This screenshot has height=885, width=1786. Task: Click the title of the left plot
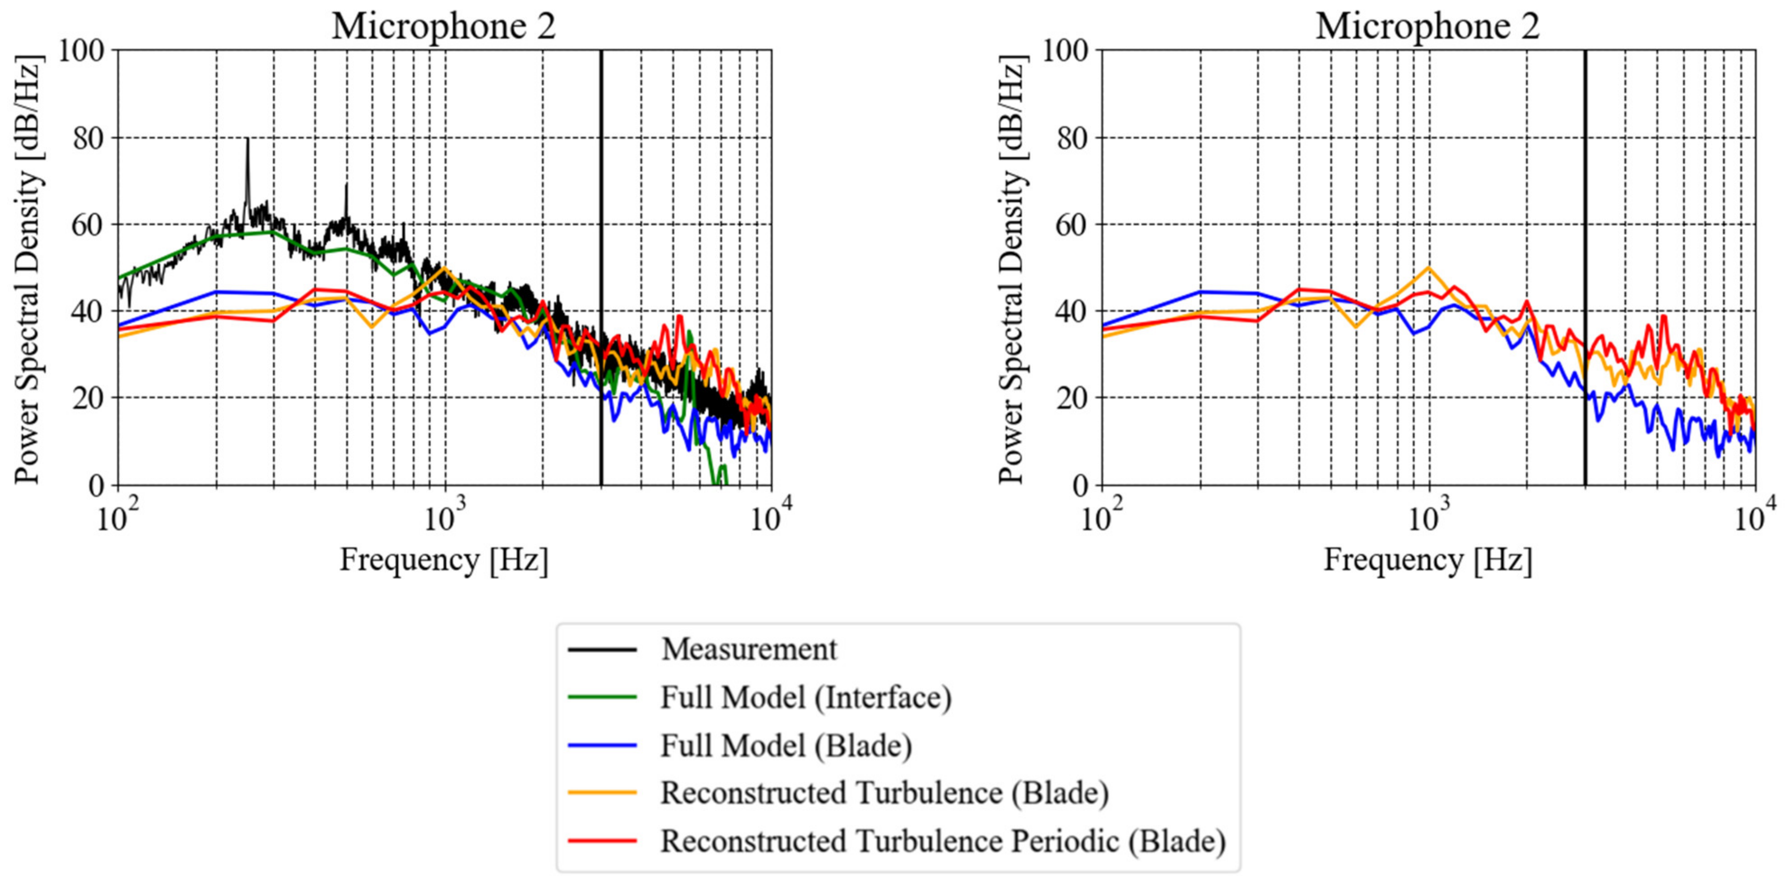tap(444, 26)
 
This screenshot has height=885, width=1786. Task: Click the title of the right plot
tap(1428, 26)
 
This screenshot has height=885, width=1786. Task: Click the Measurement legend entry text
tap(749, 650)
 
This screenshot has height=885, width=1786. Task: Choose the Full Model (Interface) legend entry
tap(805, 698)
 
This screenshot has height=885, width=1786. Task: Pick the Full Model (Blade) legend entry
tap(786, 745)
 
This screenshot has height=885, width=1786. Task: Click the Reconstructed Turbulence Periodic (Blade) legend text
tap(942, 841)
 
